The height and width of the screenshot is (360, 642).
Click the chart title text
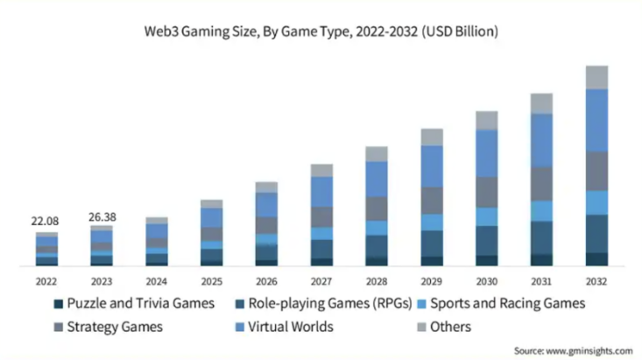pyautogui.click(x=321, y=32)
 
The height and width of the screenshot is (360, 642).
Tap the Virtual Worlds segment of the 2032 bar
pyautogui.click(x=596, y=120)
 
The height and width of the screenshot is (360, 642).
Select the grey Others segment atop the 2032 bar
pyautogui.click(x=596, y=77)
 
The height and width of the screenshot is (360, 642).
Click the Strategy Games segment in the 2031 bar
pyautogui.click(x=541, y=184)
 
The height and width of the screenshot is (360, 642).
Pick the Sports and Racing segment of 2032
pyautogui.click(x=596, y=202)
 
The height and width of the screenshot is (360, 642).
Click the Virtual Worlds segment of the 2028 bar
pyautogui.click(x=377, y=179)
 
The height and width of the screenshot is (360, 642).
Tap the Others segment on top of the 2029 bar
pyautogui.click(x=432, y=137)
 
